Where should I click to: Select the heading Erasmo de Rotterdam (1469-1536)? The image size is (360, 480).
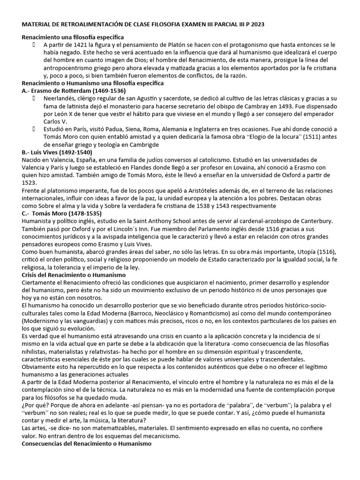74,90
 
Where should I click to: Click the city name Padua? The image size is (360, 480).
127,129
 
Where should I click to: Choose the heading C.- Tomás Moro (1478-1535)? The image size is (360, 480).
60,213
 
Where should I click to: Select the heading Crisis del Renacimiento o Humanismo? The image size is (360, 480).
74,274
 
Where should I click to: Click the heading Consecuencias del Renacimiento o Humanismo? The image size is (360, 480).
87,443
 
